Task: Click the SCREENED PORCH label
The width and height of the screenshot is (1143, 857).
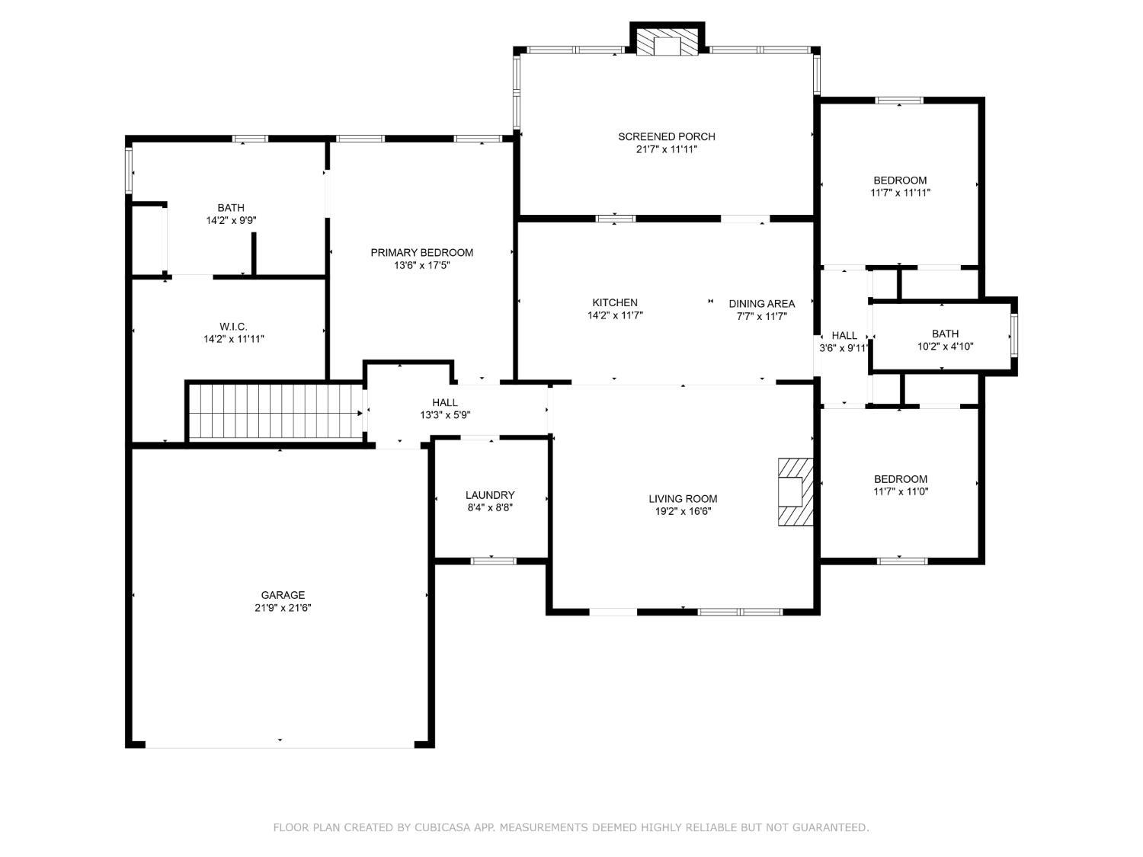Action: tap(666, 137)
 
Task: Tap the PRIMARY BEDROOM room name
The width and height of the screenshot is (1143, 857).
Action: tap(421, 253)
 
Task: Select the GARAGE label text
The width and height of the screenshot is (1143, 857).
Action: tap(283, 595)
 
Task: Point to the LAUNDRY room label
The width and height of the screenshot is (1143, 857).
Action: tap(490, 495)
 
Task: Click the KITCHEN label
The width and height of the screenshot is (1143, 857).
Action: tap(614, 303)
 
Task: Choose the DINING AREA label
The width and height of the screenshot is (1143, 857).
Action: tap(761, 304)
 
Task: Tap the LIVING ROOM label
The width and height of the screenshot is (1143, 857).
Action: tap(683, 499)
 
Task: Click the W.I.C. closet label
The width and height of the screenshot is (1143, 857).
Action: tap(233, 327)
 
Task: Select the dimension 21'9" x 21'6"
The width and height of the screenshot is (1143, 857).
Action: tap(283, 608)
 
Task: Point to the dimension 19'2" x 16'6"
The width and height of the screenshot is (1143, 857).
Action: tap(683, 511)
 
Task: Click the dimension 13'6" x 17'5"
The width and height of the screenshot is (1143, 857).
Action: tap(421, 265)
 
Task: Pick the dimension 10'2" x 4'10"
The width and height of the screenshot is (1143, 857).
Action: tap(945, 347)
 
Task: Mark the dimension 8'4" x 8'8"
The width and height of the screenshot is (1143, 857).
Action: tap(490, 508)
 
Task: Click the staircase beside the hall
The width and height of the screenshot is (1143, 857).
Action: tap(276, 411)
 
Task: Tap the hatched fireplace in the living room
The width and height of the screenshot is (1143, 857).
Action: tap(796, 491)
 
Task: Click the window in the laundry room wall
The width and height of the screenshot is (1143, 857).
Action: tap(493, 561)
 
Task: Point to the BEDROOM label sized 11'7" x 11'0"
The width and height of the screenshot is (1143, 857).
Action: tap(901, 479)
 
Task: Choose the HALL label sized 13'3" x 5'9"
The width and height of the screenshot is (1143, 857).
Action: tap(445, 403)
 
